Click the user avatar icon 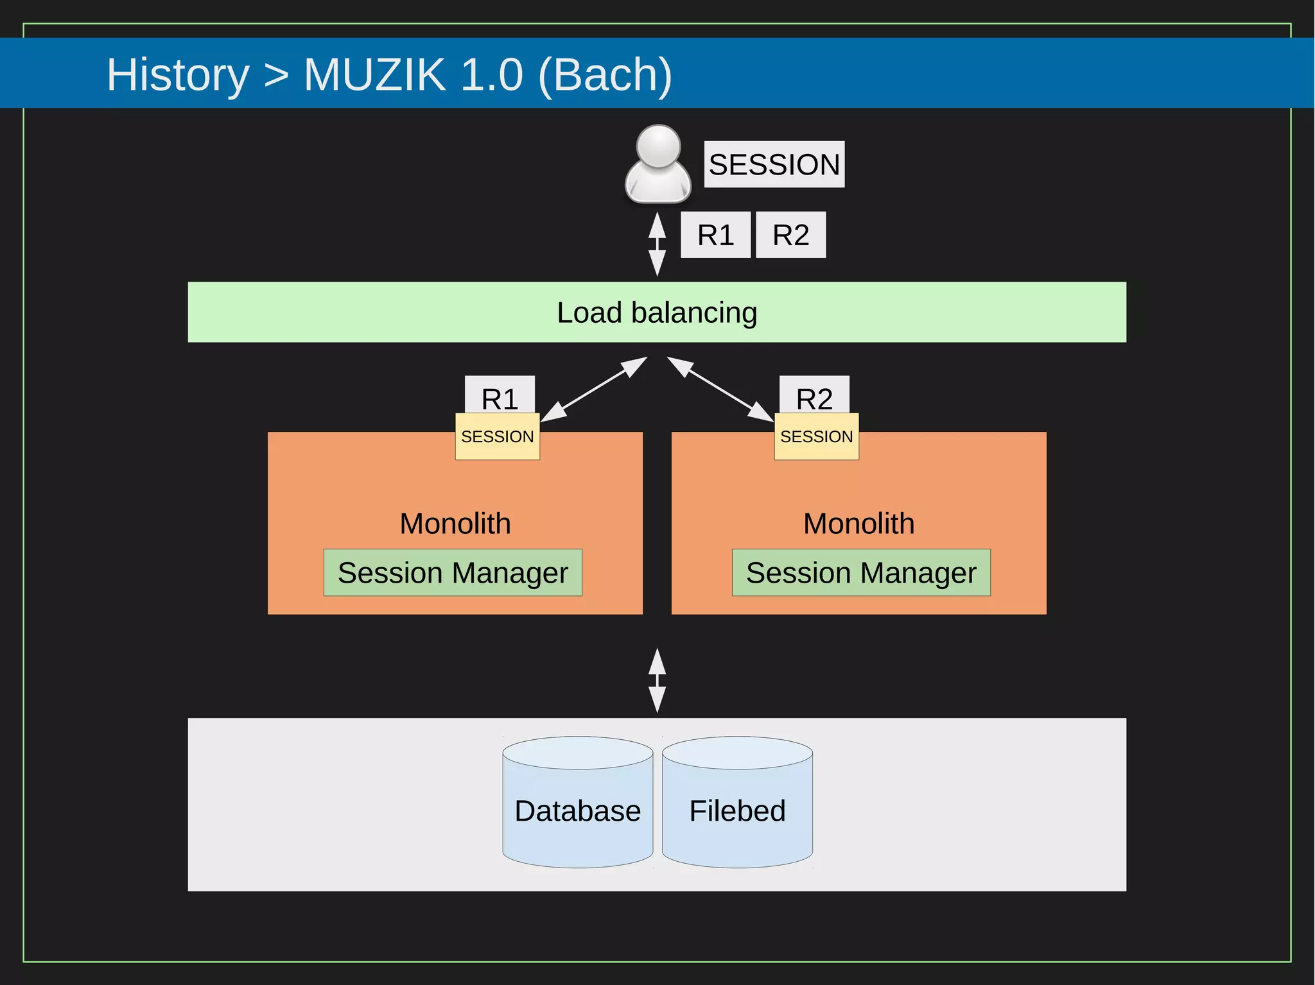(x=657, y=164)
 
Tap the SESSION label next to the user (x=774, y=164)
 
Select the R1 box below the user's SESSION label (x=715, y=235)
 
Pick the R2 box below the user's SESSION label (x=790, y=235)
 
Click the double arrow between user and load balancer (x=657, y=244)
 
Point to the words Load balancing (x=657, y=313)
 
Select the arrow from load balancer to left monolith (x=594, y=389)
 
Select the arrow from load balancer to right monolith (x=720, y=389)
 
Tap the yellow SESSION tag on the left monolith (x=498, y=436)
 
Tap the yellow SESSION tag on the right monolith (x=816, y=436)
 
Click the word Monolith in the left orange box (x=455, y=523)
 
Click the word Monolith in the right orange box (x=858, y=523)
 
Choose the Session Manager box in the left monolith (x=453, y=572)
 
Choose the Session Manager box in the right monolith (x=861, y=572)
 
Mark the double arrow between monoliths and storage (x=657, y=680)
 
